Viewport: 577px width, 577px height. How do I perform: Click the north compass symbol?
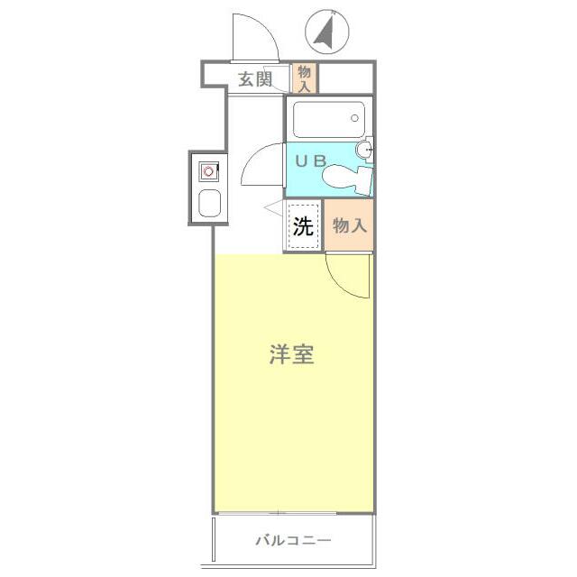pyautogui.click(x=326, y=32)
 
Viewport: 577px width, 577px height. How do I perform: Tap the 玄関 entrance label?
pyautogui.click(x=255, y=79)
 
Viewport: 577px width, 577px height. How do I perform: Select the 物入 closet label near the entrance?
pyautogui.click(x=305, y=78)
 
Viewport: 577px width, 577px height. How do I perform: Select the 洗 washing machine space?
pyautogui.click(x=304, y=225)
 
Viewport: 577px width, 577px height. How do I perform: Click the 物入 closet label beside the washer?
pyautogui.click(x=350, y=225)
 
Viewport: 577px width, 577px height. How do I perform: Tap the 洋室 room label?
pyautogui.click(x=291, y=354)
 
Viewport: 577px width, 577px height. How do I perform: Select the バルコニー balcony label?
pyautogui.click(x=293, y=541)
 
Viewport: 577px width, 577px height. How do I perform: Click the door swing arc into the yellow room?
pyautogui.click(x=347, y=275)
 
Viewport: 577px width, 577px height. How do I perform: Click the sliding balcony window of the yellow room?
pyautogui.click(x=293, y=513)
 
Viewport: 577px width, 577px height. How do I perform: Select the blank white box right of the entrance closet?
pyautogui.click(x=346, y=78)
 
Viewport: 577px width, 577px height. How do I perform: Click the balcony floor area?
pyautogui.click(x=293, y=554)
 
